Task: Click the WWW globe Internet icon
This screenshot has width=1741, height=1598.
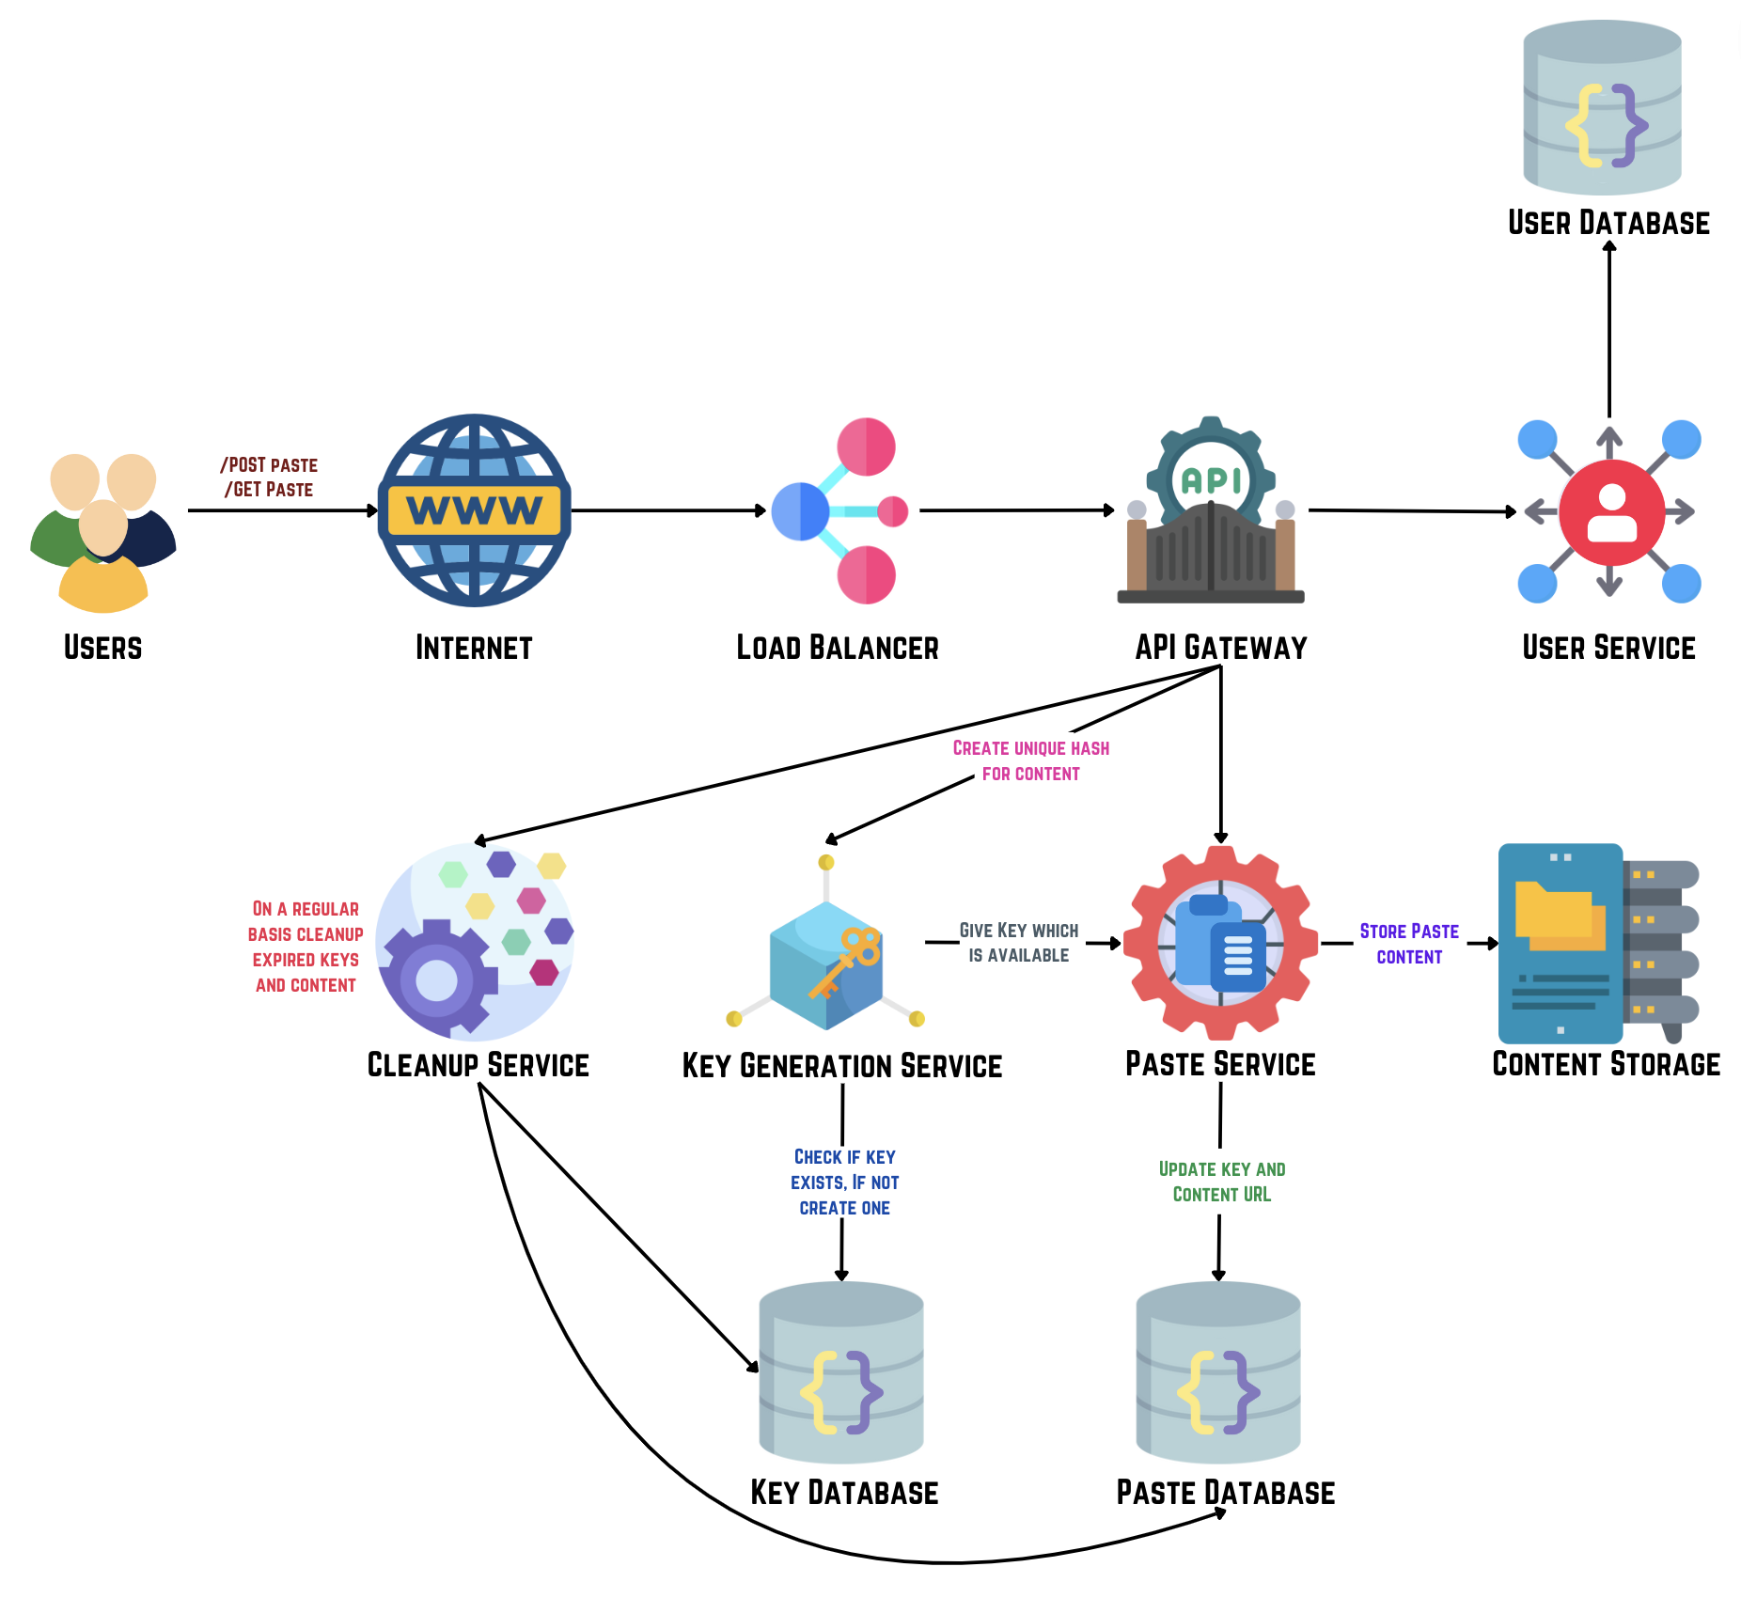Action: pyautogui.click(x=474, y=510)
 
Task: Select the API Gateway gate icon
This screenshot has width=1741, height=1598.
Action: pyautogui.click(x=1211, y=512)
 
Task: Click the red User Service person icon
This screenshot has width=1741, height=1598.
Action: pyautogui.click(x=1610, y=512)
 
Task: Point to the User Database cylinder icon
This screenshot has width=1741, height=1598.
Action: pyautogui.click(x=1602, y=108)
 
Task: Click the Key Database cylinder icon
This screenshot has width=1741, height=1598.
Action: pyautogui.click(x=841, y=1372)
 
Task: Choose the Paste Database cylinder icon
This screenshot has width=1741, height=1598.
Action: pyautogui.click(x=1218, y=1372)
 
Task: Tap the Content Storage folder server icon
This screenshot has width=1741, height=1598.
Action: pyautogui.click(x=1598, y=943)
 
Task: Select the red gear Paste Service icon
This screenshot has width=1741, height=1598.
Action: pyautogui.click(x=1220, y=943)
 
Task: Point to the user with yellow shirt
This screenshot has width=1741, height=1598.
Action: pyautogui.click(x=103, y=564)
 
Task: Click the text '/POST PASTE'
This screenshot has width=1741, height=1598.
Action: pyautogui.click(x=269, y=465)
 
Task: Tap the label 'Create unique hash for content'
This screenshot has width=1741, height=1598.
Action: pyautogui.click(x=1031, y=760)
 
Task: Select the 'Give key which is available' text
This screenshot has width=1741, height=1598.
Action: pyautogui.click(x=1018, y=943)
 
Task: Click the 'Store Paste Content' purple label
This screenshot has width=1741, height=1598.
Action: pyautogui.click(x=1409, y=944)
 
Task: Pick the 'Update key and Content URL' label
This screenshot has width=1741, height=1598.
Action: pyautogui.click(x=1221, y=1182)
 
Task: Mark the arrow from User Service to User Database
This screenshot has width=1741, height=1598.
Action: pyautogui.click(x=1609, y=329)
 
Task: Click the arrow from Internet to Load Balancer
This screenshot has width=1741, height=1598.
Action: pyautogui.click(x=667, y=510)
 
